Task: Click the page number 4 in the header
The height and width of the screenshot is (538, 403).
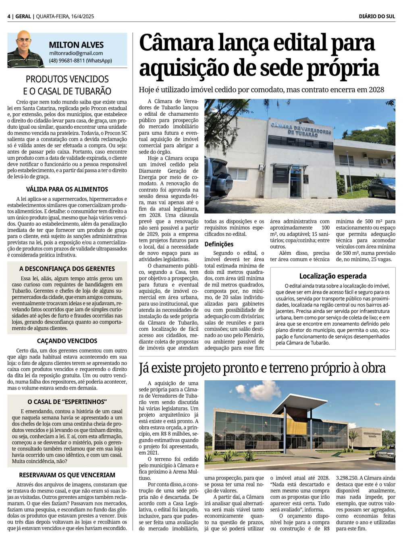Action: tap(9, 17)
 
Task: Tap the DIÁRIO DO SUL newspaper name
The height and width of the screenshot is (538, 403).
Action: tap(377, 17)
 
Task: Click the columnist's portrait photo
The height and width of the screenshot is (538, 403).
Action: tap(25, 49)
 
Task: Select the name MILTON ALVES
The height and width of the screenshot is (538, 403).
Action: tap(76, 45)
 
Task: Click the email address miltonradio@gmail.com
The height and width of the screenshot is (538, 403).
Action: tap(76, 53)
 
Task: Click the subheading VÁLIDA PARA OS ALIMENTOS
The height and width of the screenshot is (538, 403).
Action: tap(67, 189)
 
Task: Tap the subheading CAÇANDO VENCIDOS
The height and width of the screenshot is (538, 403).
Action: tap(67, 341)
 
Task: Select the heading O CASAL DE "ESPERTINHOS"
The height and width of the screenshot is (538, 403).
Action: tap(67, 402)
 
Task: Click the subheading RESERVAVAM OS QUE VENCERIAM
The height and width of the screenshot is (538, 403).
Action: tap(67, 475)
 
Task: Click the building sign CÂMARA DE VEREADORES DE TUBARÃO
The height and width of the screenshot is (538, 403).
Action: tap(301, 129)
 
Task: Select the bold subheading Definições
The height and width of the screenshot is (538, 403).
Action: tap(219, 244)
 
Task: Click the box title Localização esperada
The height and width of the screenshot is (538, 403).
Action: tap(332, 276)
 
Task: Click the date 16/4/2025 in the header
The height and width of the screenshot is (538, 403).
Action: tap(82, 17)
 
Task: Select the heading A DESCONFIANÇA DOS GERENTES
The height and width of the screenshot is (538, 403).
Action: tap(67, 269)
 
